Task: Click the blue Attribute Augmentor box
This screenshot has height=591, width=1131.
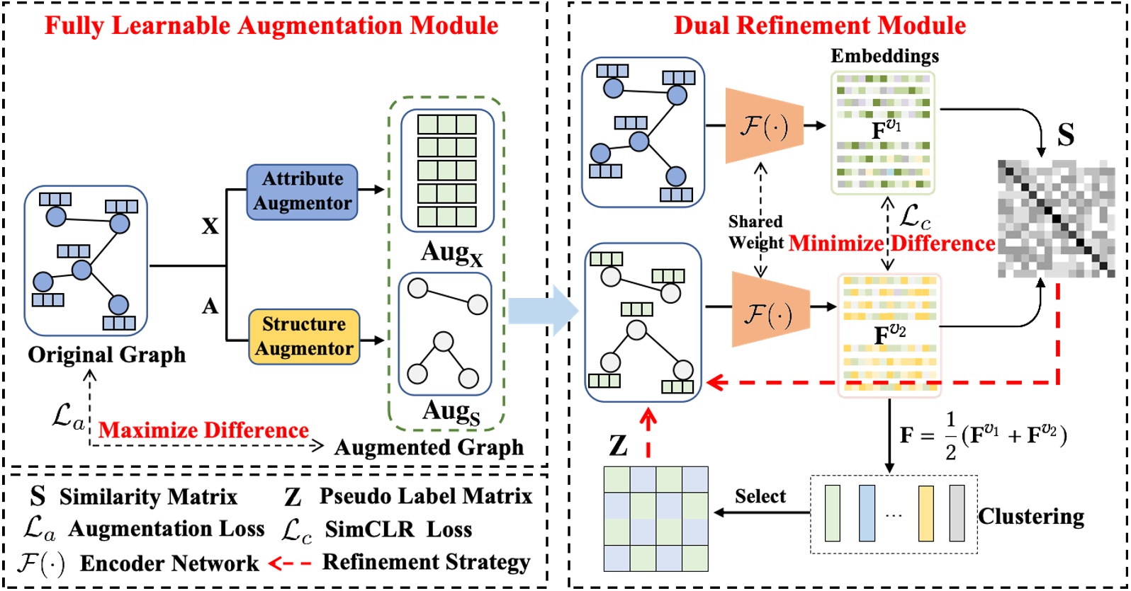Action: (302, 191)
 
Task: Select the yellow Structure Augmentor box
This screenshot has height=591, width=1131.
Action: (304, 336)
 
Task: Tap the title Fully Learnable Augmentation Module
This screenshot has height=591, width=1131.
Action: (271, 25)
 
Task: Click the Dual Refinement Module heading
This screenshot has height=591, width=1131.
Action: (819, 25)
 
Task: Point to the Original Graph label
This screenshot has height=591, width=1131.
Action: (106, 355)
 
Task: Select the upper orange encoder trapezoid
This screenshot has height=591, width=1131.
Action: (764, 126)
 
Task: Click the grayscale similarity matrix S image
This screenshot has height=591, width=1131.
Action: (1056, 219)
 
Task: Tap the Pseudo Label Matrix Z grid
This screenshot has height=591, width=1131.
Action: (655, 519)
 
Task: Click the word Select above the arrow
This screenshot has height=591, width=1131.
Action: (760, 496)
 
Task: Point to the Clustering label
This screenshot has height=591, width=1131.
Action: (1031, 516)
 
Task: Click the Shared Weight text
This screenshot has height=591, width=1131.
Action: (755, 232)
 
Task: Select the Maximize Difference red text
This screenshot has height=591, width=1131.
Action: (203, 430)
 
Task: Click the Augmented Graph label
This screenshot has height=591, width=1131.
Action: (429, 447)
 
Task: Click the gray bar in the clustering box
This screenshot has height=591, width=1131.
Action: (957, 514)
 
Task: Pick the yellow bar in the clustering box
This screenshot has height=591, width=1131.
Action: (926, 514)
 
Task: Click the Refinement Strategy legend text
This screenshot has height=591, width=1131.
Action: (426, 562)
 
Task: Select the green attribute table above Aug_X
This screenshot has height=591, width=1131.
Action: (447, 170)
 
